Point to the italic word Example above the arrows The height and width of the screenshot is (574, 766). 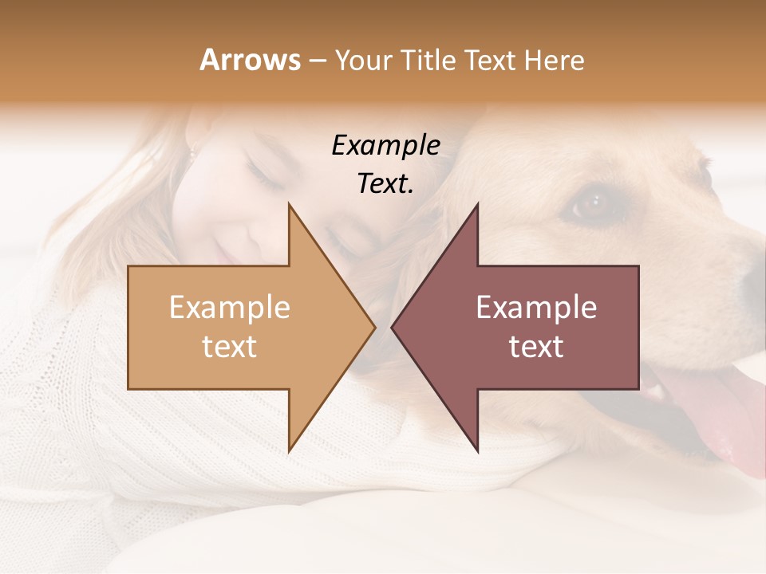coord(385,146)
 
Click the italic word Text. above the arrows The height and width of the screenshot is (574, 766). coord(385,183)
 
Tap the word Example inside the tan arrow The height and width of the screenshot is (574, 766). coord(230,308)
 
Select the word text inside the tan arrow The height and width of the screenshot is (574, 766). coord(230,346)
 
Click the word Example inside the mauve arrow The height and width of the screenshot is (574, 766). coord(536,308)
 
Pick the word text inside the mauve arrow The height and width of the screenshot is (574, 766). coord(536,346)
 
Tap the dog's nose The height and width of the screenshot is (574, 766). coord(754,275)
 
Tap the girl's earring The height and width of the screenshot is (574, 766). coord(191,151)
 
